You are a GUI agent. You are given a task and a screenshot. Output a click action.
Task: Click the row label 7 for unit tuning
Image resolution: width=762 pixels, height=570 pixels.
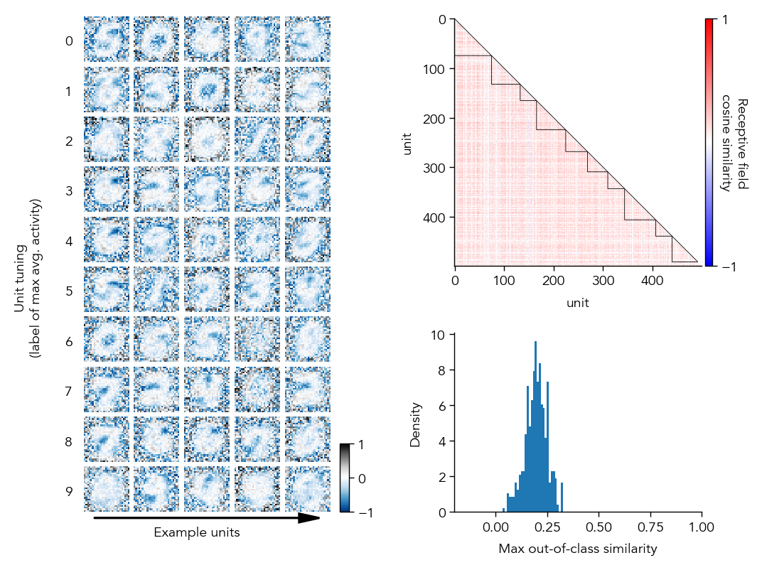click(x=69, y=392)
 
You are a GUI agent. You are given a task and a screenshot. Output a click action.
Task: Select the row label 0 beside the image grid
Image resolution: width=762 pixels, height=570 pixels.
click(x=69, y=41)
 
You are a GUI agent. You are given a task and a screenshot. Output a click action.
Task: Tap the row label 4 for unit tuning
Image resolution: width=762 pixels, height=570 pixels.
click(x=69, y=242)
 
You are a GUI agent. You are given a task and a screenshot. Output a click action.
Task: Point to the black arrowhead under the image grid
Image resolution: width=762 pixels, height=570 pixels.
click(x=309, y=518)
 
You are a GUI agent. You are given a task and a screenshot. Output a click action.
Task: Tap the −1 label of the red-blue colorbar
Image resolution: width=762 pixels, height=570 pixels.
click(x=729, y=267)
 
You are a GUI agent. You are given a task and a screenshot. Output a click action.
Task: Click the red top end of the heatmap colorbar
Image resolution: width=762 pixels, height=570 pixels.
click(x=709, y=22)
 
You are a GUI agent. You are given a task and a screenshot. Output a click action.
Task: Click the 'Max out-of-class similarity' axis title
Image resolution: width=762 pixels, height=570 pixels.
click(x=577, y=549)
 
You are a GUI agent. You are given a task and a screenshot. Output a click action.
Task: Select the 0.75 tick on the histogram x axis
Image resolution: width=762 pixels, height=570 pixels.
click(x=650, y=527)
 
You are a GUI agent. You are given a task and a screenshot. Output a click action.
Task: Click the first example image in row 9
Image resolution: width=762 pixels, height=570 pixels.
click(x=107, y=488)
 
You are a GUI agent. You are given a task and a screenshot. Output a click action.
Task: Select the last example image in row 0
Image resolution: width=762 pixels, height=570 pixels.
click(x=308, y=39)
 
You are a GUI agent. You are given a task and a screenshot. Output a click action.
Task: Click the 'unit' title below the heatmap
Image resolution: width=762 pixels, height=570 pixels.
click(x=577, y=303)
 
